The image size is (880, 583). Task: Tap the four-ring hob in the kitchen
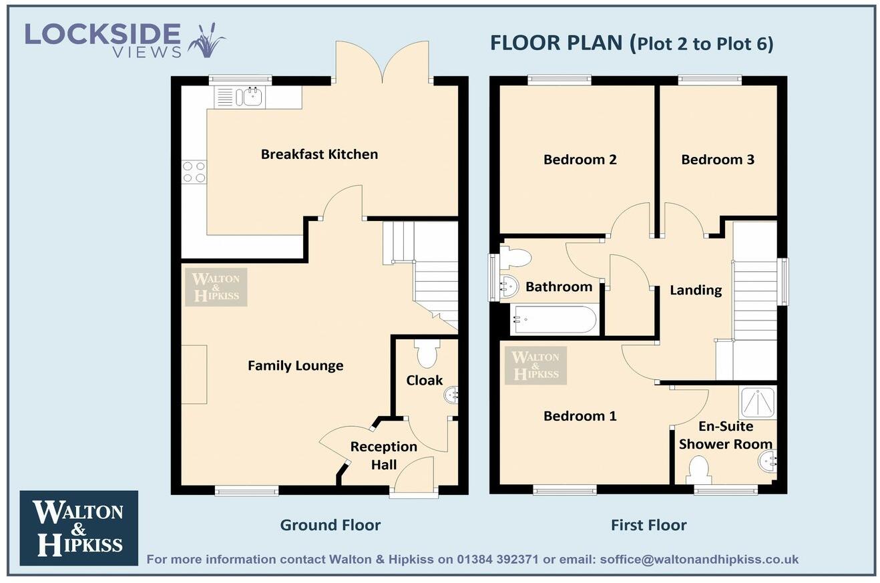pyautogui.click(x=194, y=172)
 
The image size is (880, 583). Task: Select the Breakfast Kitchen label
pyautogui.click(x=319, y=154)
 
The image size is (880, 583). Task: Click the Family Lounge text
pyautogui.click(x=295, y=366)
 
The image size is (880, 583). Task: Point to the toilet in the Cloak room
pyautogui.click(x=425, y=354)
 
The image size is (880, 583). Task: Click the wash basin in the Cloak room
pyautogui.click(x=451, y=396)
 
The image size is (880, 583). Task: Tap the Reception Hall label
pyautogui.click(x=384, y=455)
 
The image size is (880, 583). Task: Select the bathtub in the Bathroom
pyautogui.click(x=554, y=320)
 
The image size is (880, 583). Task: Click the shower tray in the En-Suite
pyautogui.click(x=757, y=403)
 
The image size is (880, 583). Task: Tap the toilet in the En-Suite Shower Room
pyautogui.click(x=698, y=469)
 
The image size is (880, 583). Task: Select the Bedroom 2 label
pyautogui.click(x=580, y=160)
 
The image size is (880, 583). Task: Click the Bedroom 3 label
pyautogui.click(x=718, y=160)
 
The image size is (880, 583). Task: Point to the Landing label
pyautogui.click(x=696, y=290)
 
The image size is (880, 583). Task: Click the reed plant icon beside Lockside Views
pyautogui.click(x=206, y=41)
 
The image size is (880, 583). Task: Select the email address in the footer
pyautogui.click(x=699, y=560)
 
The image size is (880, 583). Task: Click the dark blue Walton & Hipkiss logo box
pyautogui.click(x=79, y=528)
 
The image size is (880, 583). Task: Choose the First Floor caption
pyautogui.click(x=648, y=526)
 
